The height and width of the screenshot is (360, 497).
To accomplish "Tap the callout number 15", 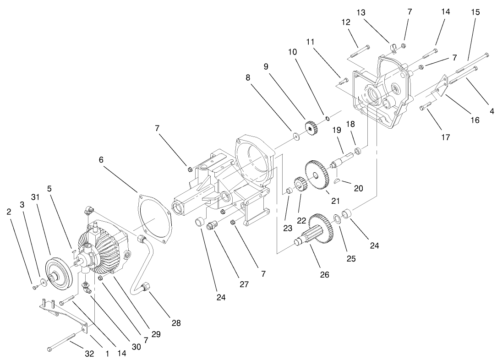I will click(475, 12).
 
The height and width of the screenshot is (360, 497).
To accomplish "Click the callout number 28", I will click(176, 323).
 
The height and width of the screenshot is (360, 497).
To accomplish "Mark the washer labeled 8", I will click(296, 136).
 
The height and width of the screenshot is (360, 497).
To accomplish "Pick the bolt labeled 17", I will click(424, 107).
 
